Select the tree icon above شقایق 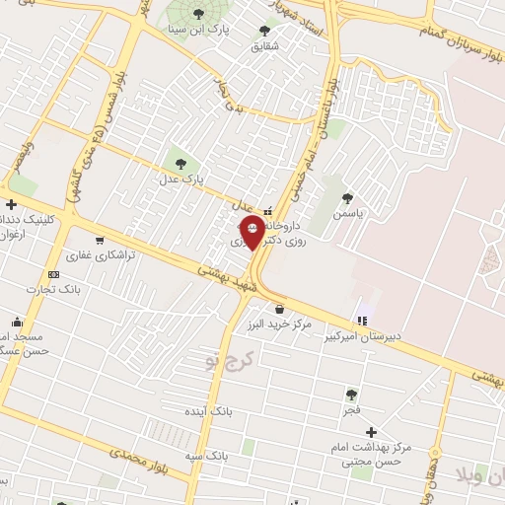(x=263, y=31)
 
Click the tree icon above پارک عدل (x=180, y=164)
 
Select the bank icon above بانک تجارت (x=53, y=274)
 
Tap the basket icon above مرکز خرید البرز (x=280, y=310)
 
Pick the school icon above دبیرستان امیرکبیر (x=363, y=320)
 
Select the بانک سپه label (x=207, y=457)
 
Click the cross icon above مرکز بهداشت (x=371, y=432)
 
